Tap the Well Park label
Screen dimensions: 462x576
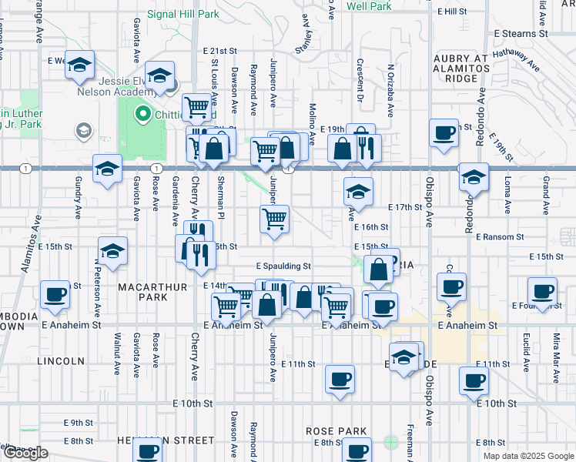click(369, 6)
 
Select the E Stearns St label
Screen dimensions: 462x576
click(520, 34)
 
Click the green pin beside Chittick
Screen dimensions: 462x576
click(142, 115)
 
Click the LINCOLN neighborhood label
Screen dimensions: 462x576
click(60, 360)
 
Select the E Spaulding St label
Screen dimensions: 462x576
click(283, 266)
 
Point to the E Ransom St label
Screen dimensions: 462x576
click(500, 237)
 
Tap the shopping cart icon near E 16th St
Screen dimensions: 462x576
click(275, 219)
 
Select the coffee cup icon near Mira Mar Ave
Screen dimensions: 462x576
click(542, 291)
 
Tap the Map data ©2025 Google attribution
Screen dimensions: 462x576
click(527, 456)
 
